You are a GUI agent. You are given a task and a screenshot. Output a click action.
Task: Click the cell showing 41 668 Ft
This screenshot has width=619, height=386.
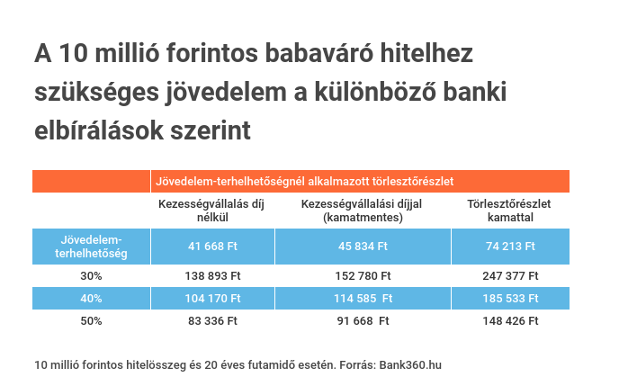(212, 246)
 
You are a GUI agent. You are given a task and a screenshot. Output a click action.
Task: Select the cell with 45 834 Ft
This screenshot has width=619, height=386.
(362, 246)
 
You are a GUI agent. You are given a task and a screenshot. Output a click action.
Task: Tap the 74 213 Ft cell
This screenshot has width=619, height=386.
(509, 246)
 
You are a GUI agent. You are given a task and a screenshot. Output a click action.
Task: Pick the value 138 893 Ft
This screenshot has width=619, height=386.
(212, 276)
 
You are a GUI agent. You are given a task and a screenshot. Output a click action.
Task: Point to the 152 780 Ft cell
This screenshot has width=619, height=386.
(362, 276)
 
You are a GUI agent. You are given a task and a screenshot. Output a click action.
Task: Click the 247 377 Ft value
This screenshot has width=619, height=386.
(509, 276)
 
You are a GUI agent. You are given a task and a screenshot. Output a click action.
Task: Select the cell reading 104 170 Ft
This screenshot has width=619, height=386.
(212, 298)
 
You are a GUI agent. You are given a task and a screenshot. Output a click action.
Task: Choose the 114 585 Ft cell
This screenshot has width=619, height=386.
(362, 298)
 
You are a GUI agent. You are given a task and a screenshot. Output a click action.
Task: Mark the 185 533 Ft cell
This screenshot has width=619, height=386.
(509, 298)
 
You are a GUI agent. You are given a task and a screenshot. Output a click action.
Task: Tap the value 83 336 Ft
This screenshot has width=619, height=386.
(212, 320)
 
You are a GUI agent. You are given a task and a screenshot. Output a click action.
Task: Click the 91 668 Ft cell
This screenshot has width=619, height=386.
(362, 320)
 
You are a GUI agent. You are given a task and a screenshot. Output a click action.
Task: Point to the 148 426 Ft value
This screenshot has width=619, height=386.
(509, 320)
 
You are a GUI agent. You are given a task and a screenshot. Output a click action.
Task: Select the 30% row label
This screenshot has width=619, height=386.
(91, 276)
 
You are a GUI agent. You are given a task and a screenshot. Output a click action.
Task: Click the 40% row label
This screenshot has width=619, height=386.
(91, 298)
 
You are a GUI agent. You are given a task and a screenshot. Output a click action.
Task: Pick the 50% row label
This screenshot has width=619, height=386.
(91, 320)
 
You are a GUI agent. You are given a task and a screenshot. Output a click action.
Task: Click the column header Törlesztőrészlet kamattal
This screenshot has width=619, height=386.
(509, 211)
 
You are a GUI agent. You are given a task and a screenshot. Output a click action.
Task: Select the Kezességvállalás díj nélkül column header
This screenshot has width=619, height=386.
(212, 211)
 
